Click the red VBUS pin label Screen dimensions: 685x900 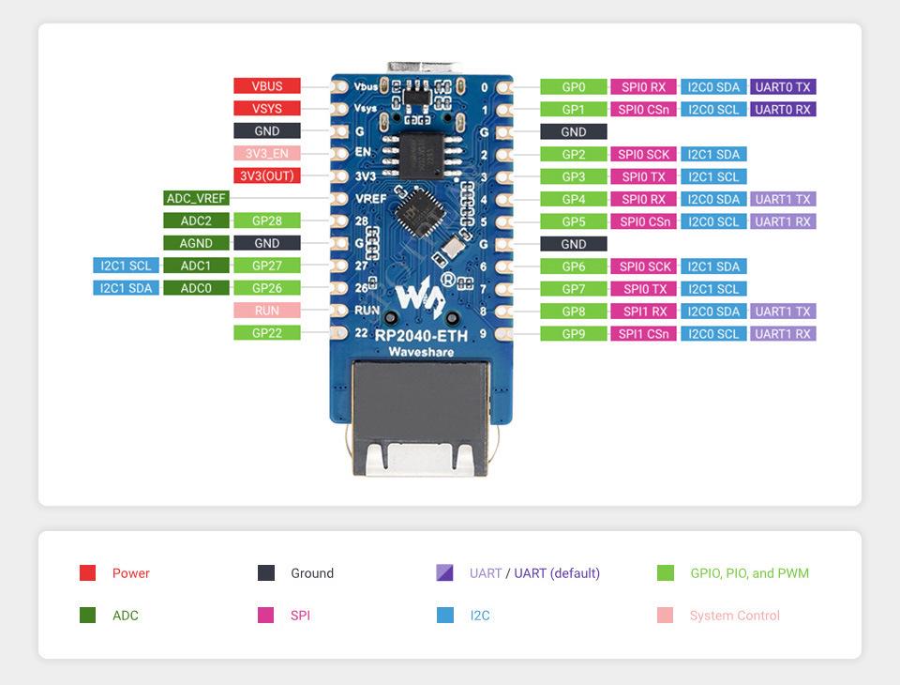click(267, 86)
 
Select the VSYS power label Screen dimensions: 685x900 click(267, 109)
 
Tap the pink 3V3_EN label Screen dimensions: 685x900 click(267, 154)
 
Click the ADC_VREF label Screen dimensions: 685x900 click(196, 199)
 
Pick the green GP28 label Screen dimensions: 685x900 click(267, 221)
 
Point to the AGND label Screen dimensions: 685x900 click(196, 244)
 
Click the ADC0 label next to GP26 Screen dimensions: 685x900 click(196, 288)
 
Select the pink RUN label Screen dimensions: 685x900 click(267, 311)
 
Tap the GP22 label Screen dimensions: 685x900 click(267, 333)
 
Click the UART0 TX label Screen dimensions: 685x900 click(783, 87)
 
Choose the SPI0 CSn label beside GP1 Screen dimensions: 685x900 click(644, 110)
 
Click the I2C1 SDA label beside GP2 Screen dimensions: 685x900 click(713, 155)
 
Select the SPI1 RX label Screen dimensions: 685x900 click(644, 312)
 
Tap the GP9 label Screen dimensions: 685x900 click(574, 334)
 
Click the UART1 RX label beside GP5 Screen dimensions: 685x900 click(783, 222)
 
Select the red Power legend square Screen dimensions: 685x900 click(88, 573)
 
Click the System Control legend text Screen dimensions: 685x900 click(734, 616)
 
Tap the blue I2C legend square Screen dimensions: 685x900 click(445, 616)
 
